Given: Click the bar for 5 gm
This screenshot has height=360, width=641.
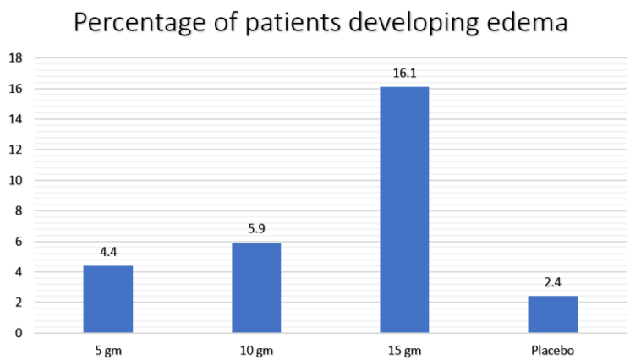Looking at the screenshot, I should (x=107, y=299).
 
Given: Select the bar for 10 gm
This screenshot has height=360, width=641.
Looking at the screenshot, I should (x=255, y=288).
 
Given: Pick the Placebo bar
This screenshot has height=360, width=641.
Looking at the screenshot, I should (x=552, y=314).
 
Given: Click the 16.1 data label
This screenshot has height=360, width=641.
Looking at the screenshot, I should (x=404, y=74).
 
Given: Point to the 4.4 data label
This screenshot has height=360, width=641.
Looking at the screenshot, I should (x=107, y=253).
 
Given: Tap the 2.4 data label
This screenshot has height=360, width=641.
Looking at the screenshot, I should (x=552, y=283).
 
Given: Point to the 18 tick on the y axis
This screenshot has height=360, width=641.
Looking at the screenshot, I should (x=14, y=58).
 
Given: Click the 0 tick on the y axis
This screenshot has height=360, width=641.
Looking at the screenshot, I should (x=17, y=333).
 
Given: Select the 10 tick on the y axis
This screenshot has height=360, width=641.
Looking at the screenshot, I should (x=14, y=180).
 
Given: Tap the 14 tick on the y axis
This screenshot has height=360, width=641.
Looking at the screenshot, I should (x=14, y=119).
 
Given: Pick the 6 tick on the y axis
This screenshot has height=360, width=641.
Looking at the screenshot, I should (x=17, y=242).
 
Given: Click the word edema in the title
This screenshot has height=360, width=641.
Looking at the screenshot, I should (x=526, y=22).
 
